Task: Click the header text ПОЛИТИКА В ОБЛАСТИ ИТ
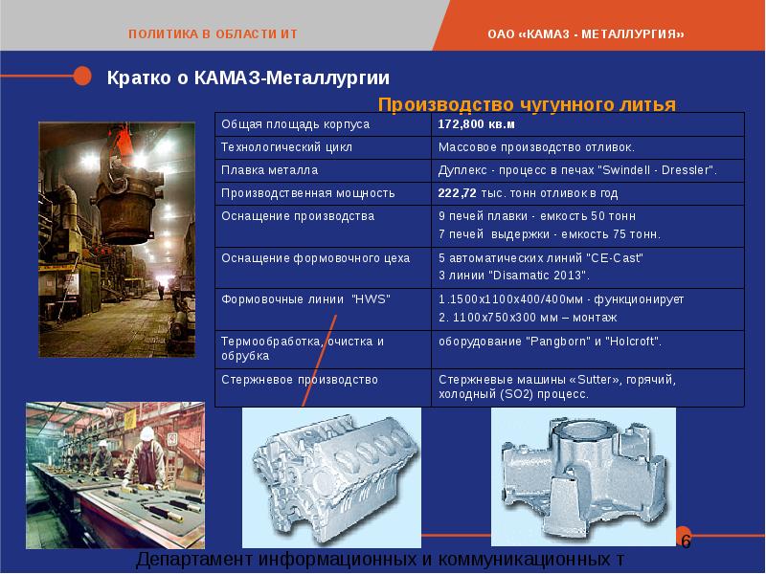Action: pyautogui.click(x=213, y=34)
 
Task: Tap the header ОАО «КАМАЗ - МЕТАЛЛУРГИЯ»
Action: pyautogui.click(x=586, y=34)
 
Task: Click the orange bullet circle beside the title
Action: pyautogui.click(x=83, y=76)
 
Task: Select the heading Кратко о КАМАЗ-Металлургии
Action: pyautogui.click(x=247, y=77)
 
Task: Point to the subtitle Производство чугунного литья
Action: pyautogui.click(x=527, y=104)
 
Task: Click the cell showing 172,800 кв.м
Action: pyautogui.click(x=476, y=124)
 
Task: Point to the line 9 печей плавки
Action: pyautogui.click(x=536, y=216)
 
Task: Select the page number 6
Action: pyautogui.click(x=686, y=541)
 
